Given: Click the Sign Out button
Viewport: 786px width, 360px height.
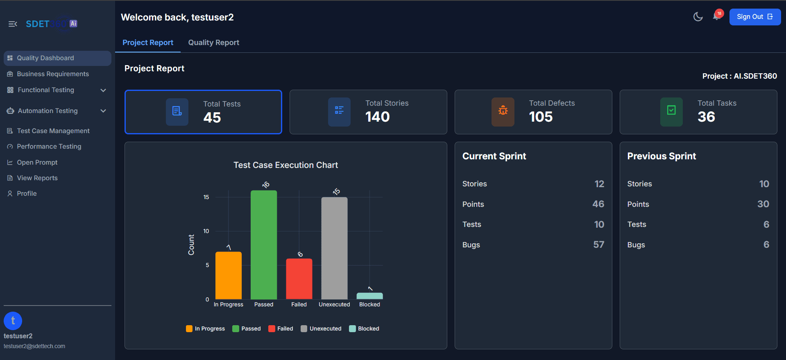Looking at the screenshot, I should coord(754,17).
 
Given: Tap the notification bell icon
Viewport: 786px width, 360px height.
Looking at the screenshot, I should coord(716,16).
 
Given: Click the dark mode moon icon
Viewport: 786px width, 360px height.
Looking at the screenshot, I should coord(698,17).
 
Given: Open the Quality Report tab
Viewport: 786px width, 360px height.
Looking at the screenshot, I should coord(213,43).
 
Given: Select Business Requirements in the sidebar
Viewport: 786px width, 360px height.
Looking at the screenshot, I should coord(52,74).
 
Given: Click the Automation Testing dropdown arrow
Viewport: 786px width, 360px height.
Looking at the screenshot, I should coord(103,111).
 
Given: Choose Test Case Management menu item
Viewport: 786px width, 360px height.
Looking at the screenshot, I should coord(53,131).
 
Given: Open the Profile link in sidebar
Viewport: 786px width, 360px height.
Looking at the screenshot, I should coord(27,194).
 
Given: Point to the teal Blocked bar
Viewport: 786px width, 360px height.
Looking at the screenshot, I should coord(369,296).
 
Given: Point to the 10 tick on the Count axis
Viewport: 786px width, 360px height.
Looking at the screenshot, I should coord(206,231).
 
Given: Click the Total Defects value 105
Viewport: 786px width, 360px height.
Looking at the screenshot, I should coord(541,117).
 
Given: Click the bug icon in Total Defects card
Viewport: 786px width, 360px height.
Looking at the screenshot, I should coord(503,111).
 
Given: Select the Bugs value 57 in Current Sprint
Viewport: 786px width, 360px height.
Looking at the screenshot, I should coord(598,245).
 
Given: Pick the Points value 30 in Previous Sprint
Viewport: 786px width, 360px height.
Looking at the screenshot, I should coord(763,204).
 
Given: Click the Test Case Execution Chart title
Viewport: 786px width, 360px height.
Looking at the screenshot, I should coord(285,165).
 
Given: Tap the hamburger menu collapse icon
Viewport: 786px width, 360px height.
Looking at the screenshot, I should coord(13,24).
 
